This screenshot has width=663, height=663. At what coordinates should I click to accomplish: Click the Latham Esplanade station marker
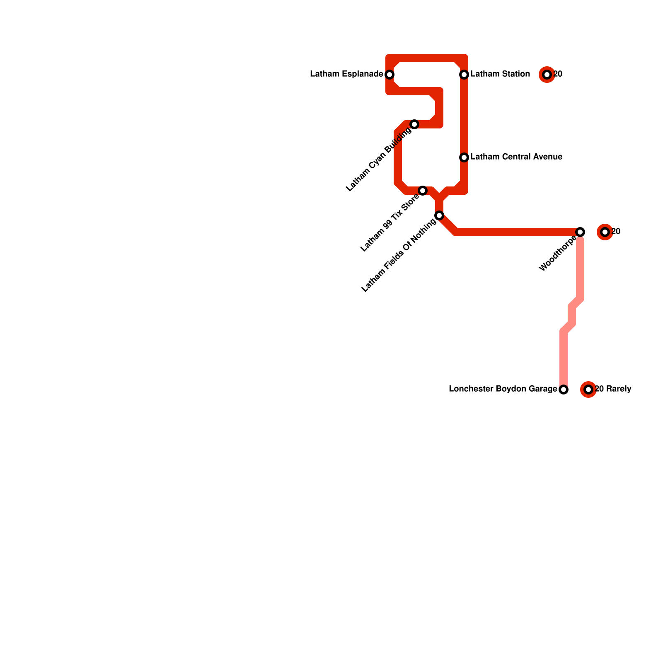point(390,75)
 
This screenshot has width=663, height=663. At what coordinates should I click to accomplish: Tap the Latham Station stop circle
point(464,75)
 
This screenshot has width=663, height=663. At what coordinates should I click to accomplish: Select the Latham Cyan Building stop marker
point(414,124)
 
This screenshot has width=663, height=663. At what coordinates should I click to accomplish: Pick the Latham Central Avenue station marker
point(464,157)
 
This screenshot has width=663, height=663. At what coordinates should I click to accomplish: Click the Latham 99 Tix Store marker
point(423,191)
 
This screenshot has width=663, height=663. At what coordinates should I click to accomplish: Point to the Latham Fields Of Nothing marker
point(439,215)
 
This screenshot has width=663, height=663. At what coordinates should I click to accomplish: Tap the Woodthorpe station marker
point(580,232)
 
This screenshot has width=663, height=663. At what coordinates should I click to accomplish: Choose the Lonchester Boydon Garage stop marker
point(564,390)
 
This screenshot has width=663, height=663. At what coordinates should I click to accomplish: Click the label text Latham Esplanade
point(346,75)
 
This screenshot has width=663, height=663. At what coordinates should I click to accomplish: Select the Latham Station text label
point(500,75)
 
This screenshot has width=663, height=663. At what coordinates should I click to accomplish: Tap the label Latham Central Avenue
point(516,157)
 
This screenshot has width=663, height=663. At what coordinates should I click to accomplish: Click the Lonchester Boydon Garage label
point(503,390)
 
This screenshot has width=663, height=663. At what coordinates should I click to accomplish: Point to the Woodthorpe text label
point(558,254)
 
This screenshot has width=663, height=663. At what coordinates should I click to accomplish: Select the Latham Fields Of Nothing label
point(399,256)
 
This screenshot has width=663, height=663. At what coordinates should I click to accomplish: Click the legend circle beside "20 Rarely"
point(588,390)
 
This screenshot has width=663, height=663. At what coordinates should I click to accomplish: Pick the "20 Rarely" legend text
point(613,390)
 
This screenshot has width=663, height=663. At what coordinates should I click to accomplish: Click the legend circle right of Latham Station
point(547,75)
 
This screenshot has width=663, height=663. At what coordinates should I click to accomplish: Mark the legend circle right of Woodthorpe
point(605,232)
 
